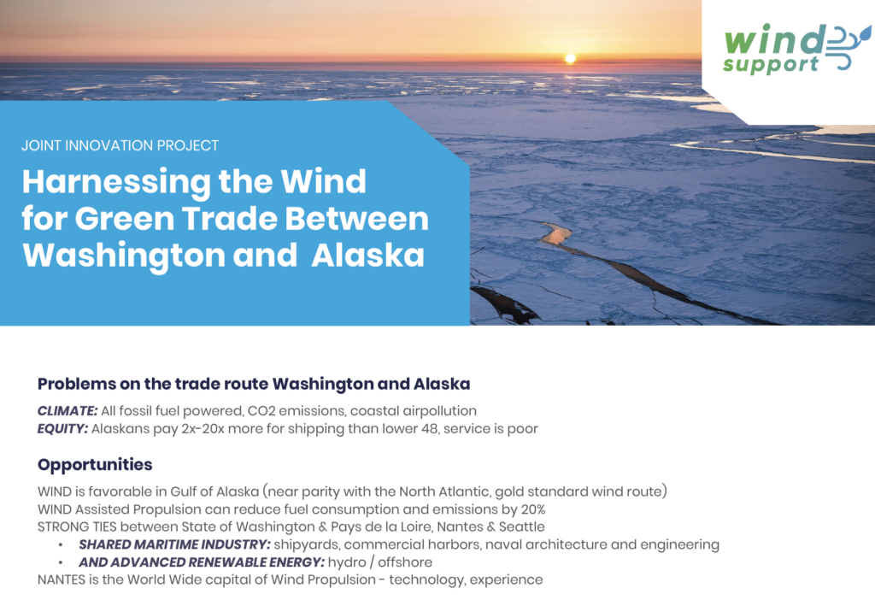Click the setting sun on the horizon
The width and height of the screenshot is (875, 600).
point(570,58)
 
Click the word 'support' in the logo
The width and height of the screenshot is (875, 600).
point(771,65)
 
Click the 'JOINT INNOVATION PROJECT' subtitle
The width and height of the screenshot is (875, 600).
point(120,145)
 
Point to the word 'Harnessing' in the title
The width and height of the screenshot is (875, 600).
point(115,183)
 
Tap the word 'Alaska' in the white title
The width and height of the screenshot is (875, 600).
point(367,255)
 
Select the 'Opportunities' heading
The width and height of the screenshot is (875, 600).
point(95,465)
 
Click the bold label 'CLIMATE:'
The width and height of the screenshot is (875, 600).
point(68,411)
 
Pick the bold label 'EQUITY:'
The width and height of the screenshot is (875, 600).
point(62,429)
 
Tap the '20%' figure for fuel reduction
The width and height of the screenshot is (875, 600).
point(533,509)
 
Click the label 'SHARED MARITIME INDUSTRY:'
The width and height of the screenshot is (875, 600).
point(174,544)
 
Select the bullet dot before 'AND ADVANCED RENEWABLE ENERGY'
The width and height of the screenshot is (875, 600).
point(61,562)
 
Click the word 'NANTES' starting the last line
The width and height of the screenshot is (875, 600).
point(62,579)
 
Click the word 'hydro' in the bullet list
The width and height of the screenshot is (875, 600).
point(347,562)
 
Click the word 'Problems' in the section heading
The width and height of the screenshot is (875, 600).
point(77,384)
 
